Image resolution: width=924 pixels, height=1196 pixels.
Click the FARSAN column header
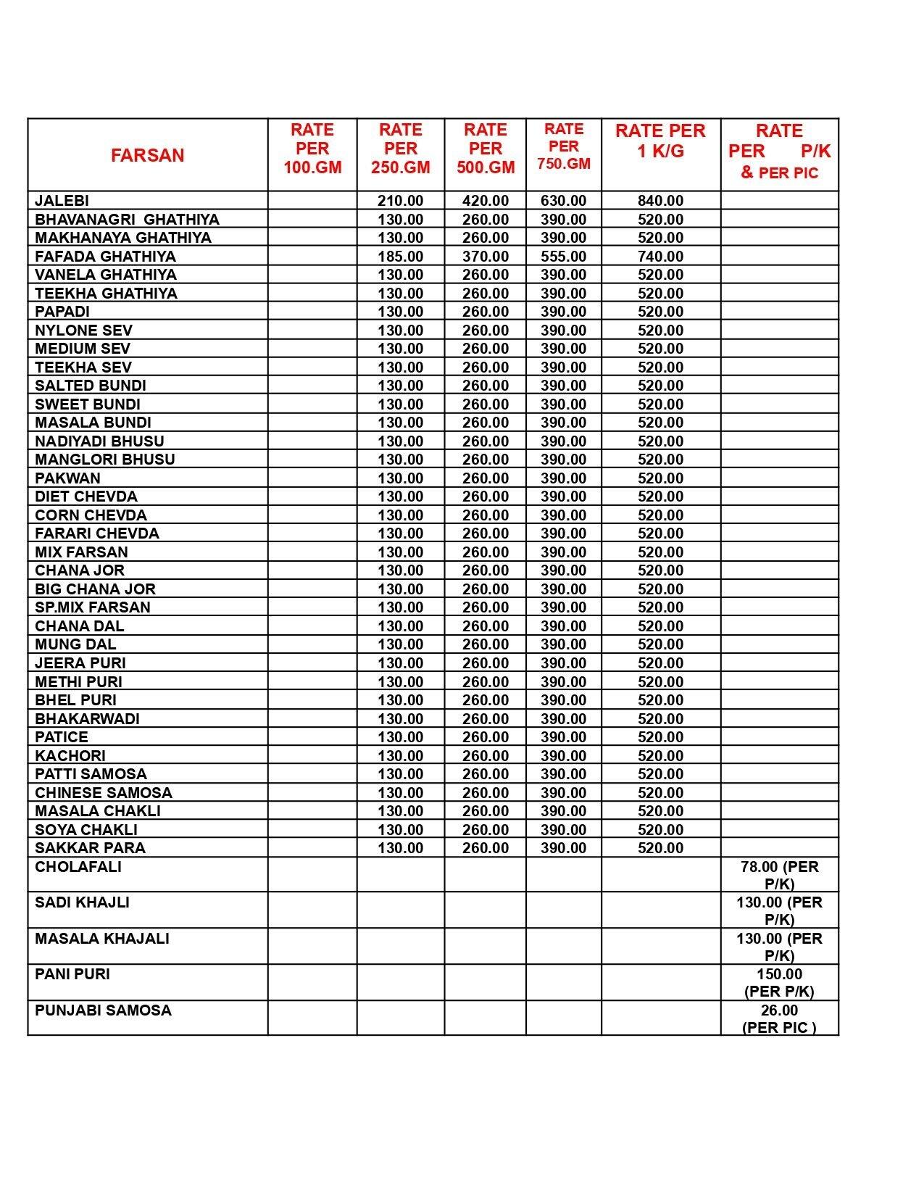tap(147, 155)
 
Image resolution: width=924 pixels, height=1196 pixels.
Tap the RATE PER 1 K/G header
tap(660, 141)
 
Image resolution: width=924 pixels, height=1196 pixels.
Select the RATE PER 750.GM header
tap(563, 146)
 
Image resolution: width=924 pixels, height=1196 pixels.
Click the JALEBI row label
tap(62, 201)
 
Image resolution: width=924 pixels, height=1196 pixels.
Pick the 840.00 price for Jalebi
tap(660, 201)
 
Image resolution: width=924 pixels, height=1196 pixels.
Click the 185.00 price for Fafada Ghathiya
tap(400, 257)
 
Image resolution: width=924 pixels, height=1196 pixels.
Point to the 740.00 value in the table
tap(660, 257)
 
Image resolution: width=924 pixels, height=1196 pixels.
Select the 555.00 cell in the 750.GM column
tap(563, 257)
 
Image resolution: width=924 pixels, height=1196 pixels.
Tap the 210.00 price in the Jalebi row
tap(400, 201)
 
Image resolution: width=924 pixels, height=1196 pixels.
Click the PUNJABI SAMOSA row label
tap(103, 1010)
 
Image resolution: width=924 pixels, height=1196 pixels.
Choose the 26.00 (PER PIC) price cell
tap(779, 1018)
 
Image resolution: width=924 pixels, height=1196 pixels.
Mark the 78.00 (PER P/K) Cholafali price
tap(779, 875)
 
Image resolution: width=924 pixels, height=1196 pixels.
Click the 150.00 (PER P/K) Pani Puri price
tap(779, 983)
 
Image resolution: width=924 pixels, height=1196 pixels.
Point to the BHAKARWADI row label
tap(87, 719)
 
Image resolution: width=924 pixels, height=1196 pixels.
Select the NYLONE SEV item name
tap(83, 331)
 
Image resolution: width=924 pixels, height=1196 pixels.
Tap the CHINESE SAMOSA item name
tap(104, 793)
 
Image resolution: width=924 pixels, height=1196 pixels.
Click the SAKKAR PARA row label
tap(90, 848)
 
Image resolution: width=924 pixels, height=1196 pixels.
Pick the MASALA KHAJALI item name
tap(101, 939)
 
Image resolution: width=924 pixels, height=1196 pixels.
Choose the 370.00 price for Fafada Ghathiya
tap(485, 257)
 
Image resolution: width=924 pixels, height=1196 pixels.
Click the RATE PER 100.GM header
tap(312, 149)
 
